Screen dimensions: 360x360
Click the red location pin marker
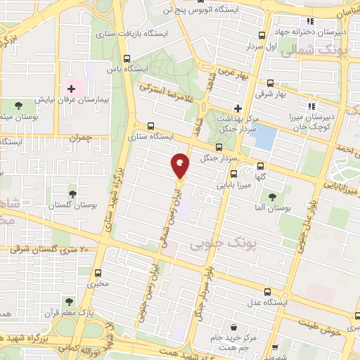click(180, 166)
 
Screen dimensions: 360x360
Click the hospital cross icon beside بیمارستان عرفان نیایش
click(71, 89)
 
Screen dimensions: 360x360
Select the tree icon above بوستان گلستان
click(72, 193)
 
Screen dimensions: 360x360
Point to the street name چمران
click(83, 138)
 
